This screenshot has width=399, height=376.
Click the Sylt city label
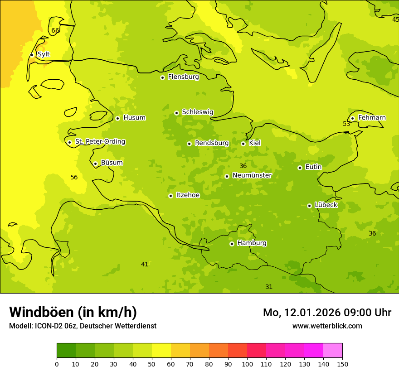click(44, 54)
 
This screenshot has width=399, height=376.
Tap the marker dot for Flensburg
click(162, 77)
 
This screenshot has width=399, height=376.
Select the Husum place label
click(134, 118)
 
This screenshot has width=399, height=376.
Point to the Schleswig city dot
click(176, 113)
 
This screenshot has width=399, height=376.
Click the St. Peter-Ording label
click(100, 142)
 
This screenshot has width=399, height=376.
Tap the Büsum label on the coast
click(112, 163)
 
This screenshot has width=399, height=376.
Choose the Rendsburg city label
click(212, 143)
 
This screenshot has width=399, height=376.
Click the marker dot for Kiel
click(243, 144)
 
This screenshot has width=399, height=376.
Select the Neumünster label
click(252, 175)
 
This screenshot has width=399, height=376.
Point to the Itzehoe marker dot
click(170, 196)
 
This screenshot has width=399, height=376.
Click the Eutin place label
click(313, 167)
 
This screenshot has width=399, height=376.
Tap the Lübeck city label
click(326, 205)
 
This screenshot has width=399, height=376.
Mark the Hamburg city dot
click(232, 244)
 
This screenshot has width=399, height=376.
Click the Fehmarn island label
click(372, 118)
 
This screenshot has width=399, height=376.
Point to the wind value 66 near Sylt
click(55, 31)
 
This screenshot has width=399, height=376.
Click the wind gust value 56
click(74, 178)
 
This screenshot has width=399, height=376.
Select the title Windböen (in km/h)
click(73, 312)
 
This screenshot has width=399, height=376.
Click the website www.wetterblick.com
click(327, 326)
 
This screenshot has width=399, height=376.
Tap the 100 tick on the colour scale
click(247, 364)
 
